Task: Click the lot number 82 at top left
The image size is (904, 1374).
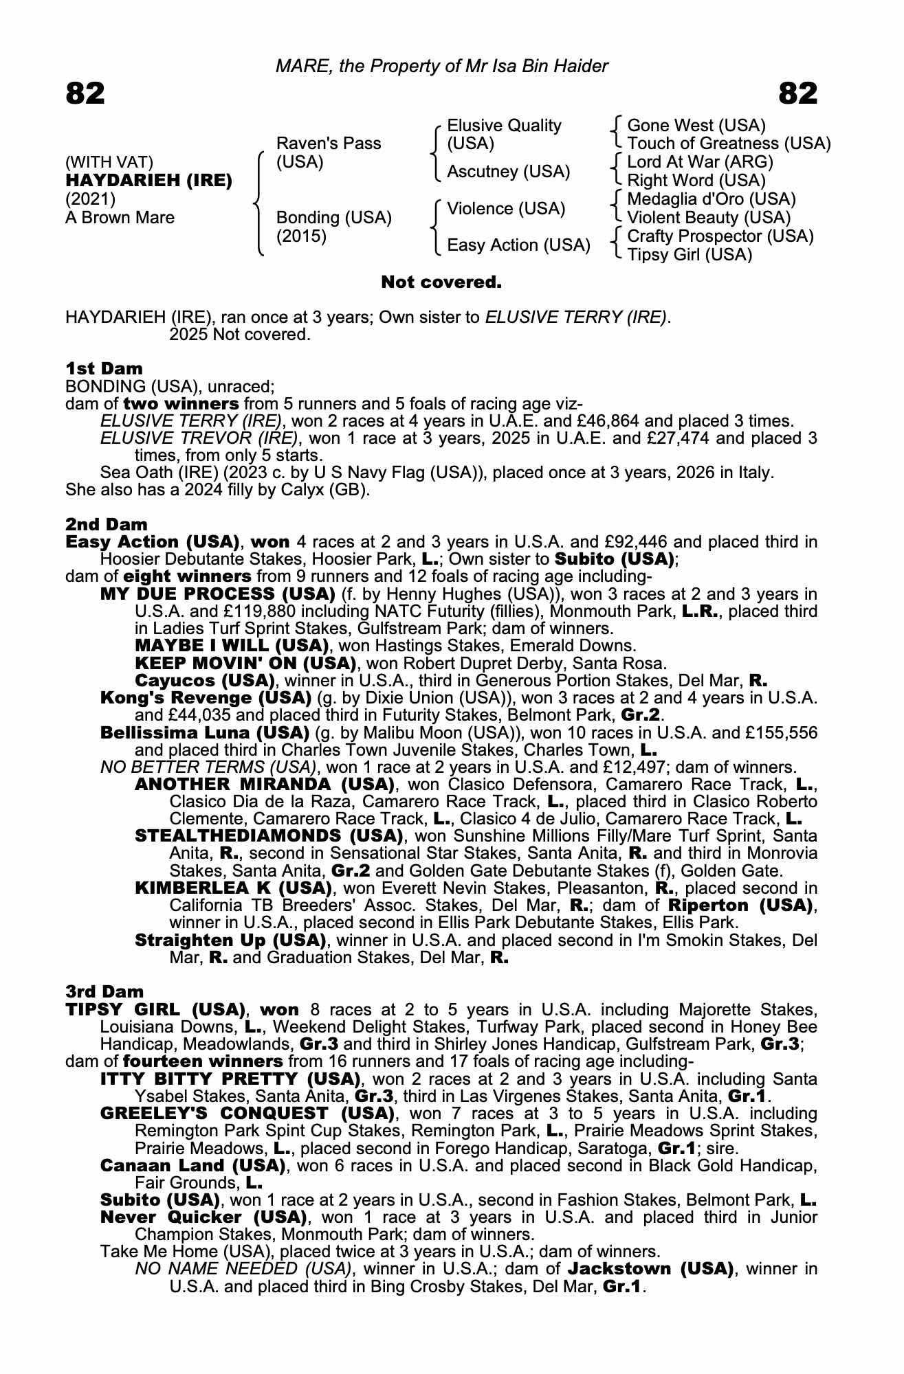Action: (x=85, y=93)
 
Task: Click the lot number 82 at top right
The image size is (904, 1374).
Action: (x=798, y=93)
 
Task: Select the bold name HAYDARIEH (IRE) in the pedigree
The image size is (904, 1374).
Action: (x=148, y=181)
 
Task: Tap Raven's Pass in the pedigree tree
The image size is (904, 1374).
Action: (x=328, y=144)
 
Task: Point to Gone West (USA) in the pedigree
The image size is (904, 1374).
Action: (x=696, y=126)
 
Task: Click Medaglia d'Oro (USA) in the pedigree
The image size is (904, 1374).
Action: (x=711, y=199)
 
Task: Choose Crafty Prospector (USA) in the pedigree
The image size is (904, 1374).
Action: (x=720, y=236)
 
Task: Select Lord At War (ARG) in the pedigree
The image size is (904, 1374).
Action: (x=700, y=162)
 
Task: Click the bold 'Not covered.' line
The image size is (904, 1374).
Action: (x=441, y=282)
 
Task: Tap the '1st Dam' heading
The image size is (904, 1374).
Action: (x=104, y=369)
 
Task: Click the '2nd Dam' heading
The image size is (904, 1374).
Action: (x=106, y=525)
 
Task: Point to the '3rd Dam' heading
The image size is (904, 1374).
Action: (x=104, y=991)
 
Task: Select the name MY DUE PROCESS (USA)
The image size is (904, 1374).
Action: (x=218, y=594)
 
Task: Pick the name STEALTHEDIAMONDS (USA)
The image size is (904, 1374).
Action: (x=269, y=836)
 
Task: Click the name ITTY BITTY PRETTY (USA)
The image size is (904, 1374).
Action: (x=230, y=1079)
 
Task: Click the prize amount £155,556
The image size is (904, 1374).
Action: (x=778, y=732)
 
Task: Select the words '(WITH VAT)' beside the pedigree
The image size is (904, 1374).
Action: (x=109, y=162)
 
